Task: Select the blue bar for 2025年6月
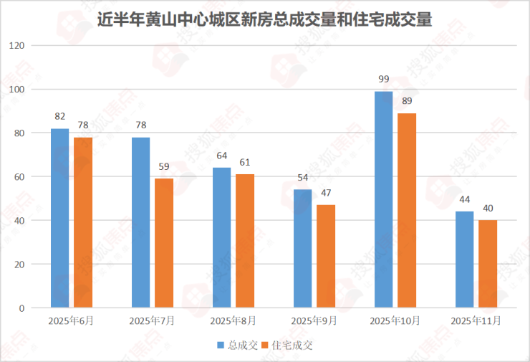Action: click(x=60, y=218)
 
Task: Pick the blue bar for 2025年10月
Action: click(x=383, y=199)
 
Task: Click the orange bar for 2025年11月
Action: click(x=488, y=264)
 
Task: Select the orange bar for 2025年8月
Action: click(x=245, y=241)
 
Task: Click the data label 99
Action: click(x=384, y=78)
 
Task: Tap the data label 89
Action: click(x=407, y=100)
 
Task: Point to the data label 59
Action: click(x=164, y=166)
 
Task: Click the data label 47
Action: click(x=326, y=192)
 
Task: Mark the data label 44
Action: click(x=465, y=199)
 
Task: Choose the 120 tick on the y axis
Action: click(x=16, y=46)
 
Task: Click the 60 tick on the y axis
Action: click(x=19, y=177)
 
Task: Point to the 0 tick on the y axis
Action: click(x=21, y=308)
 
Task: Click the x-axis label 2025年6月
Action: click(x=72, y=320)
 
